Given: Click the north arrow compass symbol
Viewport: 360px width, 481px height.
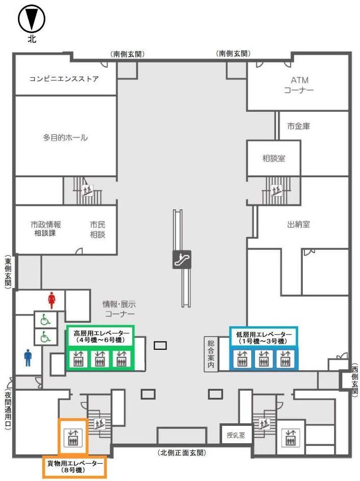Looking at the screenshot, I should click(x=32, y=20).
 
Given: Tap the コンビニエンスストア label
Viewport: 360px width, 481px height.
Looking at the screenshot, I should click(x=64, y=79).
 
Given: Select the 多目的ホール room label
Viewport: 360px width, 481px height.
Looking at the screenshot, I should click(x=65, y=137).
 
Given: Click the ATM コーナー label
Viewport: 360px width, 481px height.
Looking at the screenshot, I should click(x=299, y=85).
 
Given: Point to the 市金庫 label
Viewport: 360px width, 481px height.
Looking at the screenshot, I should click(x=299, y=126).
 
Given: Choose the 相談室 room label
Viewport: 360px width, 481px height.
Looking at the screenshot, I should click(x=274, y=158).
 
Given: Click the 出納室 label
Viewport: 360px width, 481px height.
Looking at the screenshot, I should click(x=299, y=224).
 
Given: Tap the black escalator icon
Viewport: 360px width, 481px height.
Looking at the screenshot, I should click(x=182, y=259).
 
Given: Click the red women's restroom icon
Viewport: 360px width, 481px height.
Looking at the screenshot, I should click(x=51, y=298).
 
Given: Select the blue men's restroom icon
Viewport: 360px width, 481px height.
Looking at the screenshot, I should click(x=28, y=357).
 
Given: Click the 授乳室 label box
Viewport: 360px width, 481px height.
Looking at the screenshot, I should click(x=236, y=435).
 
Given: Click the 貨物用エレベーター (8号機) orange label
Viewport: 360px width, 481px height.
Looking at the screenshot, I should click(x=75, y=466).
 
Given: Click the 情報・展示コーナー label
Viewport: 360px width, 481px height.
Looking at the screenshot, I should click(x=118, y=308).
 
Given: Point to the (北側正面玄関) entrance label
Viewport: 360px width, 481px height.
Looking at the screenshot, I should click(x=182, y=452).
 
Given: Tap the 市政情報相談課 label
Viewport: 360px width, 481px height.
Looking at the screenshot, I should click(x=45, y=229).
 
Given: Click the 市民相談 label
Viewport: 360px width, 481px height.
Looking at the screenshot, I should click(x=97, y=229).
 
